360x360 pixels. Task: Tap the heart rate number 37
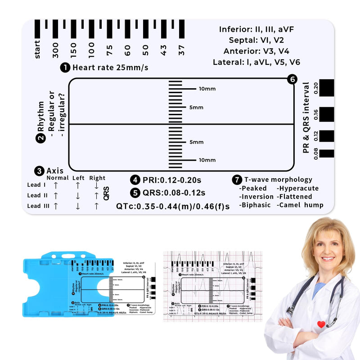181,50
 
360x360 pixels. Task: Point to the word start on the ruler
37,49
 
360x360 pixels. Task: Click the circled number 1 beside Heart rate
65,67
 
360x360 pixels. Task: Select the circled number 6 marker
293,80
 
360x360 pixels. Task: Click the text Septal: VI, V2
256,40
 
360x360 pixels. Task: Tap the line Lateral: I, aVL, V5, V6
256,62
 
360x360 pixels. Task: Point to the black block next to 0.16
327,114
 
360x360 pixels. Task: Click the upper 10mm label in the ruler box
207,89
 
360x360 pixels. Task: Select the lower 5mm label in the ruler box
196,142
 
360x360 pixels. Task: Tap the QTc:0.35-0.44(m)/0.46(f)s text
173,206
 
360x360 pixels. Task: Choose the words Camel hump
301,205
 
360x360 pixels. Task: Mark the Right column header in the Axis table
97,178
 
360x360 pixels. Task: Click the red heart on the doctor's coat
320,324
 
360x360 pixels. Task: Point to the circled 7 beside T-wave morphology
237,180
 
